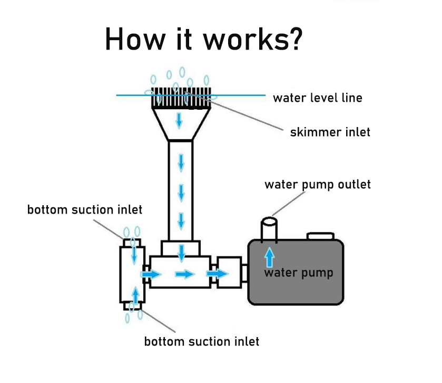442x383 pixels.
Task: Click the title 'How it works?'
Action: coord(203,39)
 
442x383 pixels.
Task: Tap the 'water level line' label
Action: coord(317,98)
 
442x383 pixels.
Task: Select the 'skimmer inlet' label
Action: coord(330,132)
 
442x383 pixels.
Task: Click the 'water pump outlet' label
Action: coord(317,185)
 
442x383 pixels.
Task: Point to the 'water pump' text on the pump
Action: coord(299,273)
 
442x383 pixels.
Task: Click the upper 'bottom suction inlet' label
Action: coord(84,210)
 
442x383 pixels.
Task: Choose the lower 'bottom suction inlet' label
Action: coord(202,341)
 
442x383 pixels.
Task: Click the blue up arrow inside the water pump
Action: coord(270,257)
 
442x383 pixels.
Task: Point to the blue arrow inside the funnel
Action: coord(180,120)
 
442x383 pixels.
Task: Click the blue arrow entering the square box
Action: coord(216,274)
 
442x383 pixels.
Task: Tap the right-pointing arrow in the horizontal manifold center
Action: coord(184,274)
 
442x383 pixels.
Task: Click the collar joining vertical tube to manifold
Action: coord(181,248)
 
